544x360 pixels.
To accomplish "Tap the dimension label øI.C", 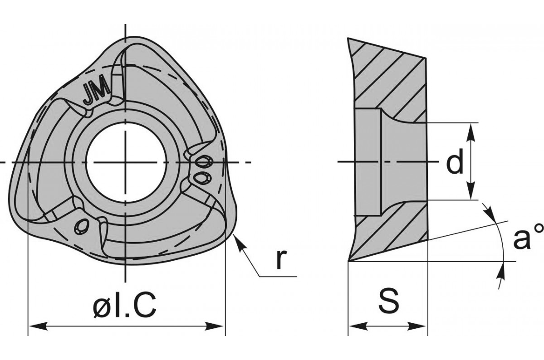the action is coord(124,304).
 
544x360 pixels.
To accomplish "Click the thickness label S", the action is coord(388,299).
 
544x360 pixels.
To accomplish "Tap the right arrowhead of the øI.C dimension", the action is coord(215,326).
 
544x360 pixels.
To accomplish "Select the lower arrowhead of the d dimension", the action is coord(470,190).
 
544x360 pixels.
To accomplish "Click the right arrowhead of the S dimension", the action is coord(417,326).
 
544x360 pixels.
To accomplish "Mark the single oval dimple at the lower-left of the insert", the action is coord(82,225).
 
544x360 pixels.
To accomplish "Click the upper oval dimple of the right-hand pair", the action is coord(204,161).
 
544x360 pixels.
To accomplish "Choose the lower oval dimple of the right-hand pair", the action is coord(203,177).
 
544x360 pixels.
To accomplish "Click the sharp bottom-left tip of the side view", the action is coord(348,260).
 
